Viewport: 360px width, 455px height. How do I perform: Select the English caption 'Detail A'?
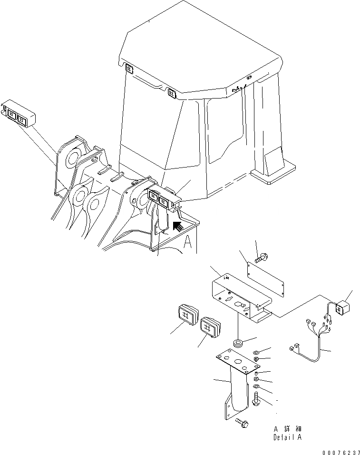(288, 437)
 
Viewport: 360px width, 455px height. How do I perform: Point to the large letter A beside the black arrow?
(188, 244)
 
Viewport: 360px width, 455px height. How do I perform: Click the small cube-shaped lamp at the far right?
(342, 307)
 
